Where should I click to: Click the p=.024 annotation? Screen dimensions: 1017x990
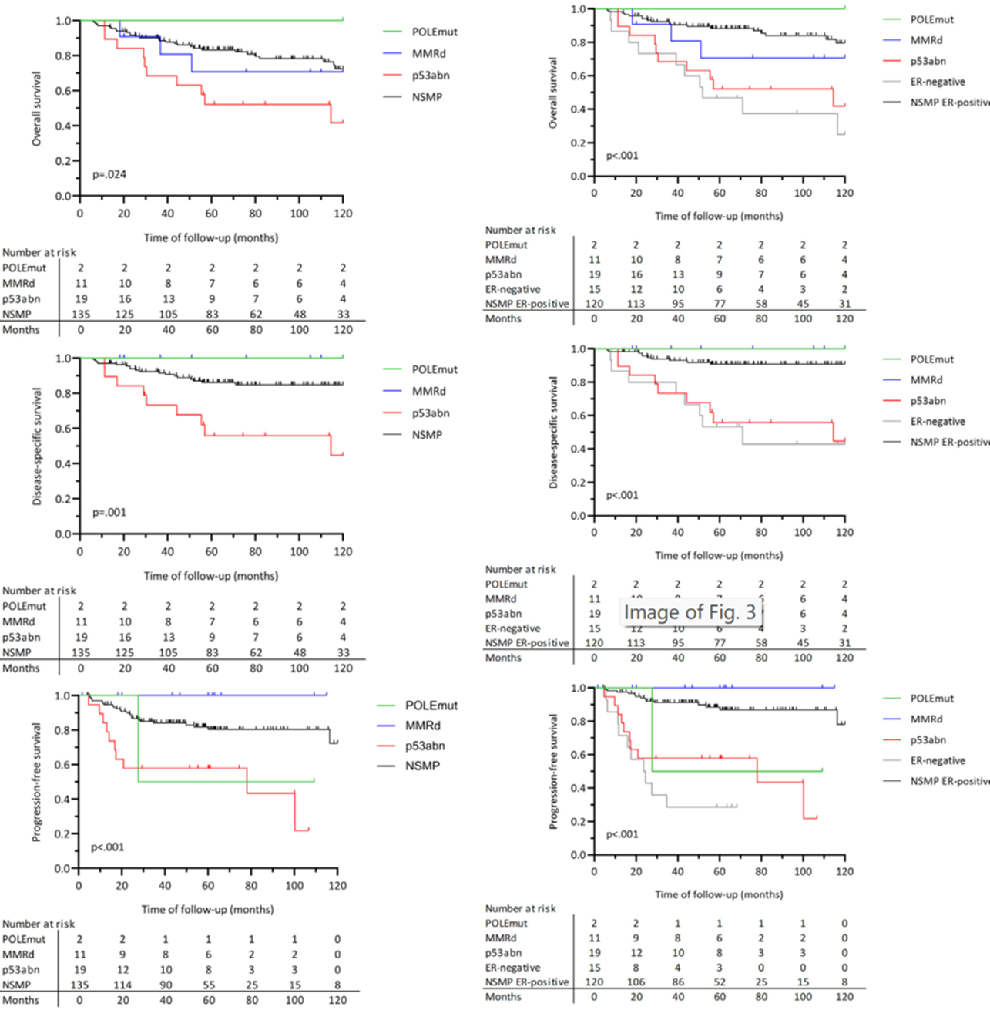[x=109, y=175]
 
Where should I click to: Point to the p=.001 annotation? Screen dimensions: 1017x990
[x=109, y=513]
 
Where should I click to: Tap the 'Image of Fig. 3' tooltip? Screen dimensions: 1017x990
[x=690, y=613]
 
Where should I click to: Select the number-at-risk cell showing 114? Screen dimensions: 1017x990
[x=122, y=985]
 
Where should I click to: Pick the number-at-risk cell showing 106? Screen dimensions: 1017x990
[x=636, y=982]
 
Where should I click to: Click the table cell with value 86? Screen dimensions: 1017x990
[x=677, y=982]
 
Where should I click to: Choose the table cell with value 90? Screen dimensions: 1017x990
[x=166, y=985]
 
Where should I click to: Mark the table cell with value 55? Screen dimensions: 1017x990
[x=209, y=985]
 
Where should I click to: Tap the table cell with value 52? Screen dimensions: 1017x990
[x=720, y=982]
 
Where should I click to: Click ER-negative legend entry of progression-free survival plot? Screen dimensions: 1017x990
[x=937, y=761]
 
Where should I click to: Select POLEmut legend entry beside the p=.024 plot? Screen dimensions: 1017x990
[x=435, y=32]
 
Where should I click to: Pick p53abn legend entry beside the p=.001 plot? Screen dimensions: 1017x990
[x=431, y=414]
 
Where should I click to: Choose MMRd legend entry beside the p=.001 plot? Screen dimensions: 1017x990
[x=428, y=392]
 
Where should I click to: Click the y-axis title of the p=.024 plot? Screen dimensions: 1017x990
[x=36, y=109]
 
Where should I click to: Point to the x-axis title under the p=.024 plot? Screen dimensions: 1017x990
[x=210, y=238]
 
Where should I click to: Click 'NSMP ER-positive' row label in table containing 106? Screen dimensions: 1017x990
[x=527, y=982]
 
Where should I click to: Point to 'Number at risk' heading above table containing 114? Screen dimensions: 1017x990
[x=39, y=924]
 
